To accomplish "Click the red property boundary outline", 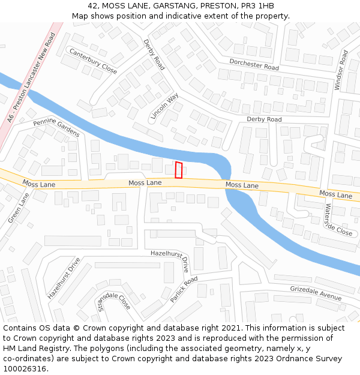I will pyautogui.click(x=178, y=170).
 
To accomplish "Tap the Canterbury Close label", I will pyautogui.click(x=93, y=61).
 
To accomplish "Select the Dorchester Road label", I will pyautogui.click(x=254, y=64).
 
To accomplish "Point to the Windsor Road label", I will pyautogui.click(x=341, y=71).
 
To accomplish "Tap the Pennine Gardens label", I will pyautogui.click(x=56, y=128).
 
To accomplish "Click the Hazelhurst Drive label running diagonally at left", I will pyautogui.click(x=64, y=278).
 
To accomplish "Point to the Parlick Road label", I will pyautogui.click(x=184, y=290).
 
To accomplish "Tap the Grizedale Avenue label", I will pyautogui.click(x=316, y=293).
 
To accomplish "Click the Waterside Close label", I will pyautogui.click(x=338, y=220).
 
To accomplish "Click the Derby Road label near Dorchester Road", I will pyautogui.click(x=154, y=55).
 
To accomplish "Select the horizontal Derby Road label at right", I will pyautogui.click(x=264, y=119).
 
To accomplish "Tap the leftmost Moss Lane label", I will pyautogui.click(x=39, y=183).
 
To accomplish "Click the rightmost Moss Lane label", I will pyautogui.click(x=335, y=194).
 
